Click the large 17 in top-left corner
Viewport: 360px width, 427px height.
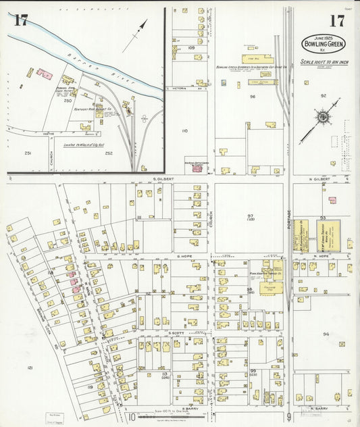point(20,20)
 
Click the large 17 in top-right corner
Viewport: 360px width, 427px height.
point(336,20)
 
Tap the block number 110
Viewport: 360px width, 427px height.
point(184,131)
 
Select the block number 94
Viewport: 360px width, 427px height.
point(326,334)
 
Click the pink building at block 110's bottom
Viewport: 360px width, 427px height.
point(197,168)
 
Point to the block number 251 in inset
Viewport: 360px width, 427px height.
point(28,153)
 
